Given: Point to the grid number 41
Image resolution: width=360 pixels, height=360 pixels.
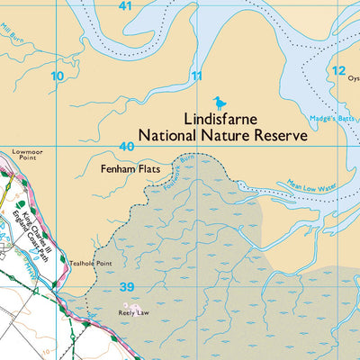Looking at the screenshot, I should click(x=125, y=6).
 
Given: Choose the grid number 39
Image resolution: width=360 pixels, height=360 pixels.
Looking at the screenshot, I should click(x=128, y=287).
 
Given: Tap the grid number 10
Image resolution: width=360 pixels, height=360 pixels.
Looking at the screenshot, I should click(x=58, y=76).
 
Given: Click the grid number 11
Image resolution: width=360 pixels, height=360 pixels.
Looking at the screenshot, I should click(x=197, y=76).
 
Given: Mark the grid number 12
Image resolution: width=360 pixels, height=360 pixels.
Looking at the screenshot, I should click(x=337, y=70).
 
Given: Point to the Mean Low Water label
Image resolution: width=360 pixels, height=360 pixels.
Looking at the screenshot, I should click(x=310, y=184).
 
